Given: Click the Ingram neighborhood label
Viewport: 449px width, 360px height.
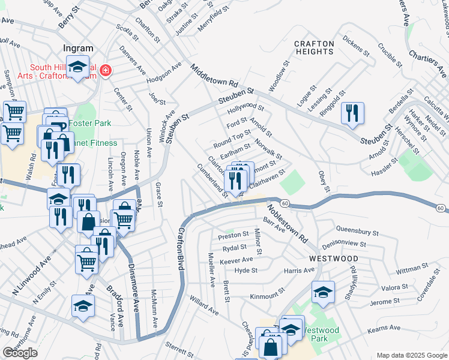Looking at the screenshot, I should click(x=78, y=49).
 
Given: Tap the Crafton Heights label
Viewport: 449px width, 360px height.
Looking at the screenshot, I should click(x=314, y=47).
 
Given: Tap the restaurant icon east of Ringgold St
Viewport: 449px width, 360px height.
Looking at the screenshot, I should click(x=352, y=113).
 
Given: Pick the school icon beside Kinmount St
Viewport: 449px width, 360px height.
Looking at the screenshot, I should click(x=323, y=293).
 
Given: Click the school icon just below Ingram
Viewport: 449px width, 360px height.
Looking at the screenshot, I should click(x=77, y=67).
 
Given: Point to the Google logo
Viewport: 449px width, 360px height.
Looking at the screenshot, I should click(x=20, y=353).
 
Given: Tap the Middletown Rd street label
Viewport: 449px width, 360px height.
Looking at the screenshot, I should click(x=214, y=77).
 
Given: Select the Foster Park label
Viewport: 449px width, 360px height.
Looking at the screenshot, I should click(x=90, y=124).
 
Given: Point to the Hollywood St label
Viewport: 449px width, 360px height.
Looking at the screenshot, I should click(x=246, y=109).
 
